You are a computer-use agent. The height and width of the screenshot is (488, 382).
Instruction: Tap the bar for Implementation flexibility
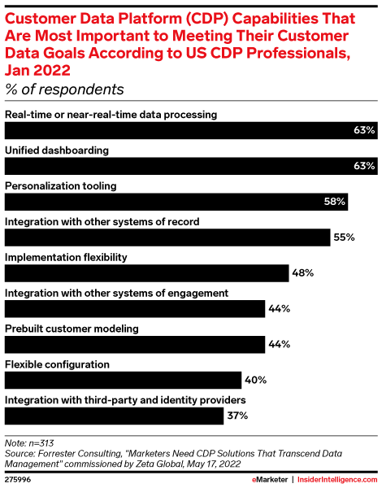click(147, 272)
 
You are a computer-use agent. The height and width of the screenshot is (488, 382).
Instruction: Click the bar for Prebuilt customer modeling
click(135, 344)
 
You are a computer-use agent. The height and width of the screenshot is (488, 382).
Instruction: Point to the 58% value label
click(335, 202)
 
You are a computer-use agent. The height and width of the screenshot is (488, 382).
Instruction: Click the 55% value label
click(344, 237)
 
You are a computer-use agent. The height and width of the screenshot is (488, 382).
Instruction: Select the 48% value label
click(303, 273)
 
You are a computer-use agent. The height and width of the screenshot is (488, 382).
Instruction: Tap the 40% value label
click(255, 381)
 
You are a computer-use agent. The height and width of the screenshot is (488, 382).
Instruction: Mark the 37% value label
click(237, 416)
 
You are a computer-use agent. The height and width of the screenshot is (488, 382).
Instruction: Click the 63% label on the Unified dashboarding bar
click(363, 166)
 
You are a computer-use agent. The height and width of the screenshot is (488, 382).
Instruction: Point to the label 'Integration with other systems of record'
click(102, 220)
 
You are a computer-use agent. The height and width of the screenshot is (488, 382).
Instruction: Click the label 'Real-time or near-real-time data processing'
click(111, 114)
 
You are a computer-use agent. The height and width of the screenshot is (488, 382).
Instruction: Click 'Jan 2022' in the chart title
click(41, 69)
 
